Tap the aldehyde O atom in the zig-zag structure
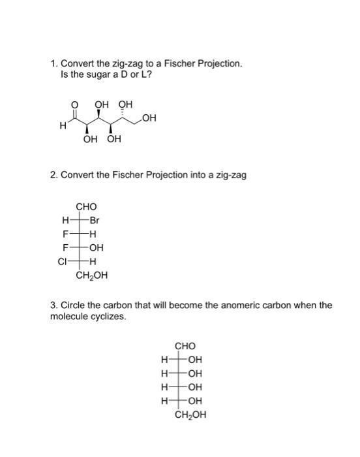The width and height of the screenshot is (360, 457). click(x=74, y=104)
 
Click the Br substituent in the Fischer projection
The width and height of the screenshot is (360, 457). click(x=95, y=221)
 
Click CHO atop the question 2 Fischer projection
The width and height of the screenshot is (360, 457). click(x=86, y=207)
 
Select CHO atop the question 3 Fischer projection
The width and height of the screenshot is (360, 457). click(x=185, y=346)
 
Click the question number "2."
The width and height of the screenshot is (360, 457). click(x=54, y=175)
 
